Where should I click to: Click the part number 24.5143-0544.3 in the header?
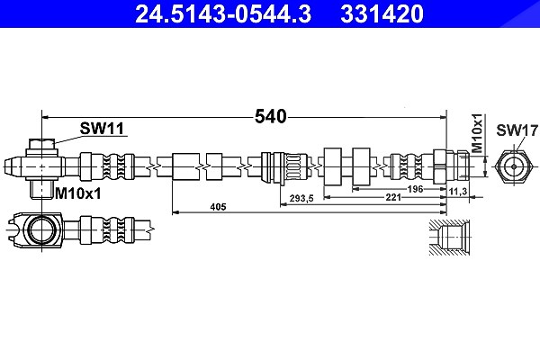pos(223,13)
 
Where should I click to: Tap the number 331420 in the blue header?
pos(382,13)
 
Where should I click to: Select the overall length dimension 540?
pos(270,116)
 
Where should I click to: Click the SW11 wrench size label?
pos(102,129)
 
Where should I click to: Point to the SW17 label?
pos(517,130)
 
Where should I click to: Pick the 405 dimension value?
pos(219,207)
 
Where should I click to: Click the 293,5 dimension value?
pos(301,198)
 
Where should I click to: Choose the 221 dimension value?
pos(393,197)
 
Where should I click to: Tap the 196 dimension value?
pos(415,189)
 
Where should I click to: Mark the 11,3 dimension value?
pos(458,191)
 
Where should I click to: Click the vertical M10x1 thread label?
pos(477,133)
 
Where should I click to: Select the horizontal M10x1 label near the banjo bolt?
pos(78,194)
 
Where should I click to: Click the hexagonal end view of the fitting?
pos(514,166)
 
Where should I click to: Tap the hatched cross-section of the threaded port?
pos(449,237)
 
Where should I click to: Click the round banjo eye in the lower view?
pos(41,229)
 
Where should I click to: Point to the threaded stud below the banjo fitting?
pos(41,189)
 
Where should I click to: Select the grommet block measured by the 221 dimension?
pos(333,166)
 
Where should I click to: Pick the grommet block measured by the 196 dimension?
pos(361,166)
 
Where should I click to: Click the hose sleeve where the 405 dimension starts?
pos(185,166)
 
